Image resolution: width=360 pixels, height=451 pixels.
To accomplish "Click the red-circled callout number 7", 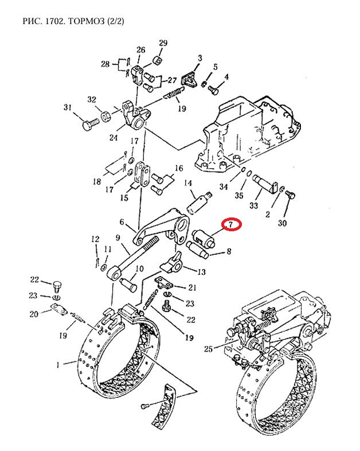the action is point(230,224).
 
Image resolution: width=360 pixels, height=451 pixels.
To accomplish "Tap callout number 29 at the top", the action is point(163,43).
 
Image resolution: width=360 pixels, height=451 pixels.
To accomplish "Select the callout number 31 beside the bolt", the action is point(68,107).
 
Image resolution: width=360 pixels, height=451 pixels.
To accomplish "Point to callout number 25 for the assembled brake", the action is point(208,349).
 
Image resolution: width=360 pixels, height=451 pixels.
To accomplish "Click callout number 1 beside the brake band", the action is point(58,365).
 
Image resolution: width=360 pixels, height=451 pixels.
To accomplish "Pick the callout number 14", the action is point(188,183).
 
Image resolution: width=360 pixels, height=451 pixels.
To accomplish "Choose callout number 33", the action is point(254,205).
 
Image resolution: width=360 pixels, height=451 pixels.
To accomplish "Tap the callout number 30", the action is point(283,223).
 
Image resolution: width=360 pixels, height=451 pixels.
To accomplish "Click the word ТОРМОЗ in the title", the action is point(87,21).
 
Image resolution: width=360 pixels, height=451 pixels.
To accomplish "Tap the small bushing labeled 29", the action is point(157,61).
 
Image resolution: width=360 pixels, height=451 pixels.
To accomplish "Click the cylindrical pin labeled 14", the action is point(198,202).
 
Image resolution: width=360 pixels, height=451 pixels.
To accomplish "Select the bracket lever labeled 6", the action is point(162,227).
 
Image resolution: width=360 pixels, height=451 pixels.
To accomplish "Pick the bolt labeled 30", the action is point(291,196).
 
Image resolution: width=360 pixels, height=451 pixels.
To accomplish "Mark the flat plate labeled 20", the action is point(59,309).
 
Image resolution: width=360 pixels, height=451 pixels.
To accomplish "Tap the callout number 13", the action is point(202,272).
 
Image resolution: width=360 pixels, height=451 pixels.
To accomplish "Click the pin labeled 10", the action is point(128,284).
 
